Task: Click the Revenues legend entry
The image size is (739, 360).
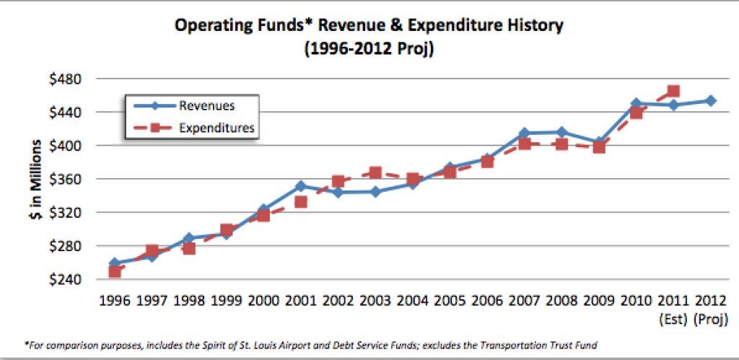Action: [x=206, y=105]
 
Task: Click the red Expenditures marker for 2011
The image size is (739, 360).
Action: [x=673, y=92]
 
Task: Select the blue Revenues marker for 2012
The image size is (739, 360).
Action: [x=711, y=100]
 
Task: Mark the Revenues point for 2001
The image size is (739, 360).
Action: [x=300, y=186]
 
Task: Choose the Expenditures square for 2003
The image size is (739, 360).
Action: [x=375, y=173]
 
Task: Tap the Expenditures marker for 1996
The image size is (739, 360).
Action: [x=114, y=271]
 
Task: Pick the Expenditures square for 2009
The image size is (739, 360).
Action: [x=599, y=147]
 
